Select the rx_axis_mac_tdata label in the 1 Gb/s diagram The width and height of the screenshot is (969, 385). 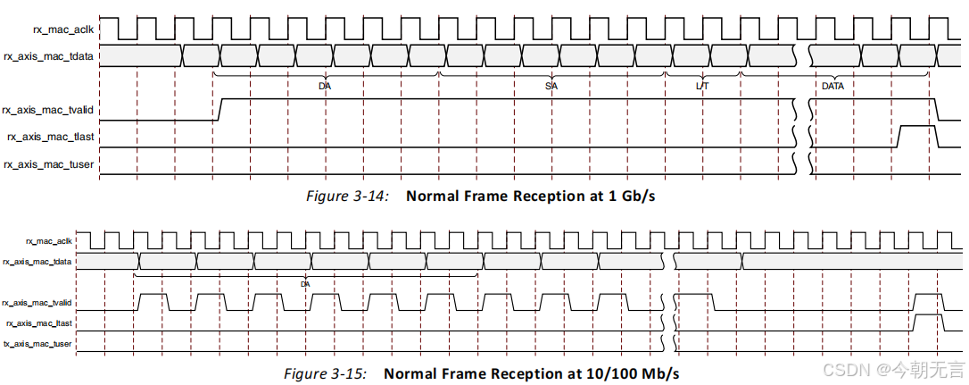point(49,56)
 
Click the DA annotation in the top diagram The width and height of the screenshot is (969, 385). point(325,87)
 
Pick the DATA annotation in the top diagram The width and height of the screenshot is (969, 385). point(832,87)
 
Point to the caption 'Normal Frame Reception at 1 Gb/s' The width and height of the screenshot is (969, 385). point(531,196)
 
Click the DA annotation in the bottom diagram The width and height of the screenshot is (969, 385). point(305,283)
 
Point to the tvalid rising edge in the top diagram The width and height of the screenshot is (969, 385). point(219,109)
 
